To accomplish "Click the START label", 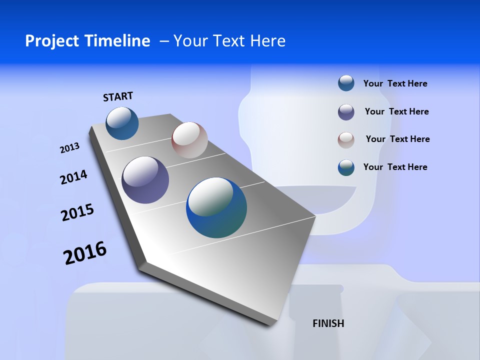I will pos(118,96).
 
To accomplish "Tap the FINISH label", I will pos(328,323).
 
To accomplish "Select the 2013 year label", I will pos(69,147).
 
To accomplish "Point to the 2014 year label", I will pos(73,177).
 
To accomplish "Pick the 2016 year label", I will pos(85,252).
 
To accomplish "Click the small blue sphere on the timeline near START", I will pos(122,123).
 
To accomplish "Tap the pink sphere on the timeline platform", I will pos(189,140).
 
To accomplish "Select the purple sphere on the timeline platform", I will pos(145,180).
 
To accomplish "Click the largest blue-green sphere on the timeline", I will pos(216,207).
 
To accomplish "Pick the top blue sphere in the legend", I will pos(346,83).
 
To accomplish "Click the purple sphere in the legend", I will pos(346,112).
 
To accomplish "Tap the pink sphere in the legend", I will pos(346,139).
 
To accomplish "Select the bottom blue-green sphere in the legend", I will pos(346,167).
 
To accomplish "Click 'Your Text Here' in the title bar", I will pos(229,41).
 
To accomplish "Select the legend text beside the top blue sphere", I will pos(395,83).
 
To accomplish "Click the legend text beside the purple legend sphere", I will pos(396,111).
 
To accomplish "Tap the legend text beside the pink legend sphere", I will pos(397,139).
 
